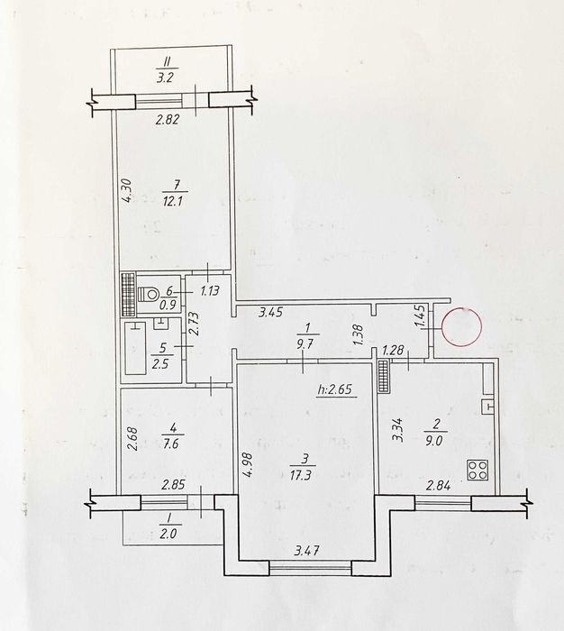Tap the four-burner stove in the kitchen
coord(478,470)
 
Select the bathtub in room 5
coord(135,348)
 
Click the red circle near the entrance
coord(461,326)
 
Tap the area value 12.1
coord(173,200)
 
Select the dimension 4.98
coord(248,465)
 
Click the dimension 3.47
coord(306,550)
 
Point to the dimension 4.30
coord(126,191)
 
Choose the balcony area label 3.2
coord(165,77)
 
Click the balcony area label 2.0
coord(168,534)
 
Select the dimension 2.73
coord(194,324)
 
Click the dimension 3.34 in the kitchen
coord(399,430)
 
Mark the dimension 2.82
coord(167,120)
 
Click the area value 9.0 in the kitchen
coord(434,441)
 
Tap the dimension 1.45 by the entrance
coord(422,316)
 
